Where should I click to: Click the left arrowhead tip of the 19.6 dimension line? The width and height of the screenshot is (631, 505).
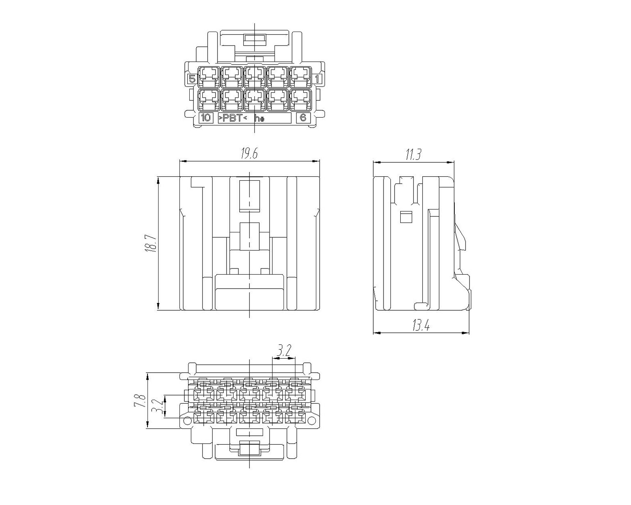point(179,162)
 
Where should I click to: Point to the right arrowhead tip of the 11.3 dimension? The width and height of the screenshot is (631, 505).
point(454,162)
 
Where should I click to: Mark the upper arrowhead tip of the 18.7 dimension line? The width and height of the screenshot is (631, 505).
point(158,177)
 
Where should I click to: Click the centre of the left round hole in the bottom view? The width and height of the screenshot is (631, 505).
point(187,421)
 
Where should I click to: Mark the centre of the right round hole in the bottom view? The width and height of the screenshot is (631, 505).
point(312,421)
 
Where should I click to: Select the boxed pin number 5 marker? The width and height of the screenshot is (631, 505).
point(192,79)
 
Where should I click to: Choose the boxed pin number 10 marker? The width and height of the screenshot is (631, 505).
point(206,118)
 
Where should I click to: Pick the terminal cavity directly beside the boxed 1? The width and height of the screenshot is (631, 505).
point(301,77)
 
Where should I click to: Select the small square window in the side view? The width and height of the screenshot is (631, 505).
point(406,217)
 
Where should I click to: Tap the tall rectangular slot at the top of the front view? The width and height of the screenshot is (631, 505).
point(250,196)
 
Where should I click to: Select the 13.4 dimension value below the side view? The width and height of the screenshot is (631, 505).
point(421,325)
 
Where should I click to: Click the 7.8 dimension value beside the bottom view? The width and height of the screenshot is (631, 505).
point(140,400)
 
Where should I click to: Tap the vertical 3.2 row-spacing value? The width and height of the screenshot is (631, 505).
point(158,406)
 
